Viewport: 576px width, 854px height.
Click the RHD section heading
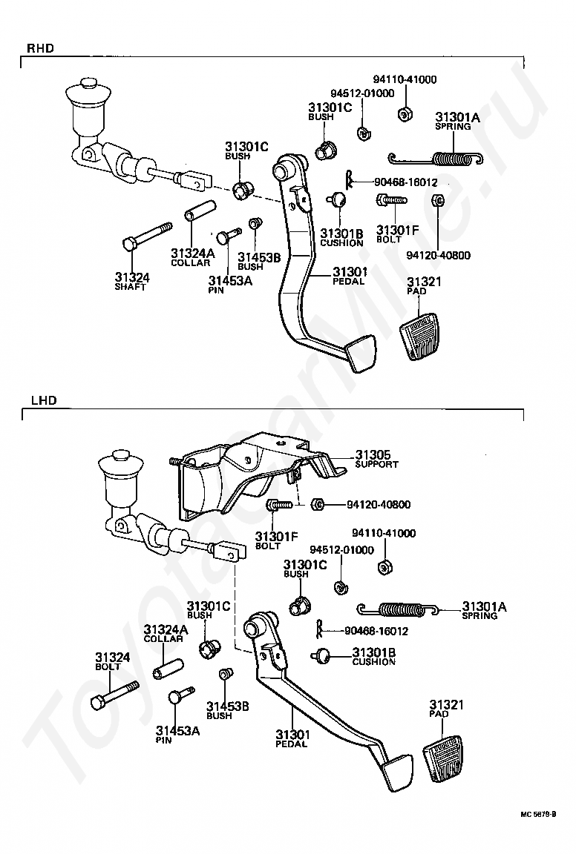40,48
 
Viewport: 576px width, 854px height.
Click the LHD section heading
44,401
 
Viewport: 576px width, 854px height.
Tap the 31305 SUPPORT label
377,459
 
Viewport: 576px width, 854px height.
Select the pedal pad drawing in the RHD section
423,335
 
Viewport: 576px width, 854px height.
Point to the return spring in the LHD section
398,609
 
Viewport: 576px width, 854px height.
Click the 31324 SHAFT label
131,282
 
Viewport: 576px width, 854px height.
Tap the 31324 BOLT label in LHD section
113,661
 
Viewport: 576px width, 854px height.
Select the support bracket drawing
256,475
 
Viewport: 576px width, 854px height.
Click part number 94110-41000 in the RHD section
405,79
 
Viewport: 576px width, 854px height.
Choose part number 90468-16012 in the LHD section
376,632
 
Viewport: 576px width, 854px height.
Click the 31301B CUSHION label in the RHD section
341,237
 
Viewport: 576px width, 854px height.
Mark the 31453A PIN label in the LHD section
178,735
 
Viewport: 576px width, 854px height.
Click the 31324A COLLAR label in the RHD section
192,258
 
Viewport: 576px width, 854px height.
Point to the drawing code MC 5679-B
538,830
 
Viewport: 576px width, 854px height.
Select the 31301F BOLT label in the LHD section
277,541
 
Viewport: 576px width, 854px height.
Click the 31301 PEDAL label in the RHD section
350,276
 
